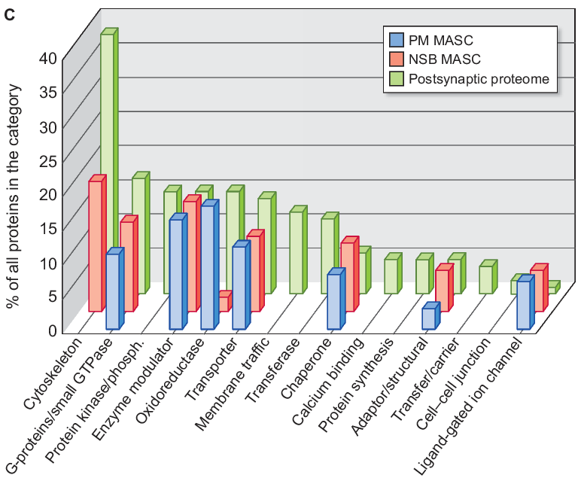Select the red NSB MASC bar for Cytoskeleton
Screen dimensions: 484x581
click(x=95, y=245)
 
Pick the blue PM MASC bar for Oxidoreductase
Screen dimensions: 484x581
click(x=207, y=267)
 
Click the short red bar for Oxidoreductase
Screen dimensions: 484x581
click(x=223, y=303)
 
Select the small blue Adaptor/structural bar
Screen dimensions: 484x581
click(x=428, y=318)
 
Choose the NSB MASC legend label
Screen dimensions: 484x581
click(x=445, y=59)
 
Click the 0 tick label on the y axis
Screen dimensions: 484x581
click(x=52, y=330)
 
